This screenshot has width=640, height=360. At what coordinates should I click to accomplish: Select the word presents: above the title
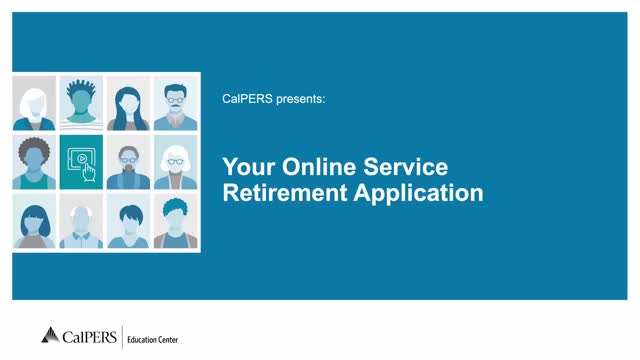298,100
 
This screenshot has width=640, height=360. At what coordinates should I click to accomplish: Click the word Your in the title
245,167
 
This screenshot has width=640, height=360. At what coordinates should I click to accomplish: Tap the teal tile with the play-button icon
81,163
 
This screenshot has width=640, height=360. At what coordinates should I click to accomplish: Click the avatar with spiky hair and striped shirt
81,104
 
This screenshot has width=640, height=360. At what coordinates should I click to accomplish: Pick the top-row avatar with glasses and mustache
174,104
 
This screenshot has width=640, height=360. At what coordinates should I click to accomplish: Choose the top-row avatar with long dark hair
128,104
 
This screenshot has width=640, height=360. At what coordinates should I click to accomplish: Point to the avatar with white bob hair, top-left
35,104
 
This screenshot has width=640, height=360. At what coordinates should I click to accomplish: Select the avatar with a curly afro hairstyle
35,163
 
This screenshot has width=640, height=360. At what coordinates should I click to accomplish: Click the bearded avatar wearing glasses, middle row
128,163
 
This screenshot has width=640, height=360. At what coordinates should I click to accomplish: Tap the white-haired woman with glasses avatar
174,163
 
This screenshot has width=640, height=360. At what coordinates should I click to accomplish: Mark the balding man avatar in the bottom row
81,222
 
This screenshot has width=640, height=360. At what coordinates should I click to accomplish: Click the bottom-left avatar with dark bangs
35,222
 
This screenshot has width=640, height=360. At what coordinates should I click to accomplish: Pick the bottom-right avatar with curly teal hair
174,222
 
